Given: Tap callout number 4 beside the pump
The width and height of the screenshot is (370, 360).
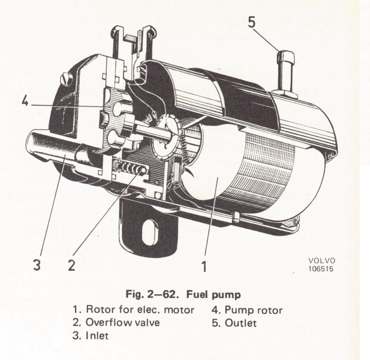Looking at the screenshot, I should pos(24,102).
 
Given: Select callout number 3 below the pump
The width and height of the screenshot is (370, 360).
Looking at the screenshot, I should pos(37,265).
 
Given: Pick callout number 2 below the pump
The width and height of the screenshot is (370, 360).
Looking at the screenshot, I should pos(71,265).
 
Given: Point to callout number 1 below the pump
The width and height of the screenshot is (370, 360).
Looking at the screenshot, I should pos(204,267).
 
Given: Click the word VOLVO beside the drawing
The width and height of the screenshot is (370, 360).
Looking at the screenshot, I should pos(321,261).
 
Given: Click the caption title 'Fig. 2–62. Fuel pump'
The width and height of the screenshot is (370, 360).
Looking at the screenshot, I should pos(183,295).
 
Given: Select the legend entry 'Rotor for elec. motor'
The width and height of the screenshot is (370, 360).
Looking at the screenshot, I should pos(133,310).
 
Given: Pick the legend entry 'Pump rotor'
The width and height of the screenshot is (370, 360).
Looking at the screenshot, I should pos(247,310).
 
